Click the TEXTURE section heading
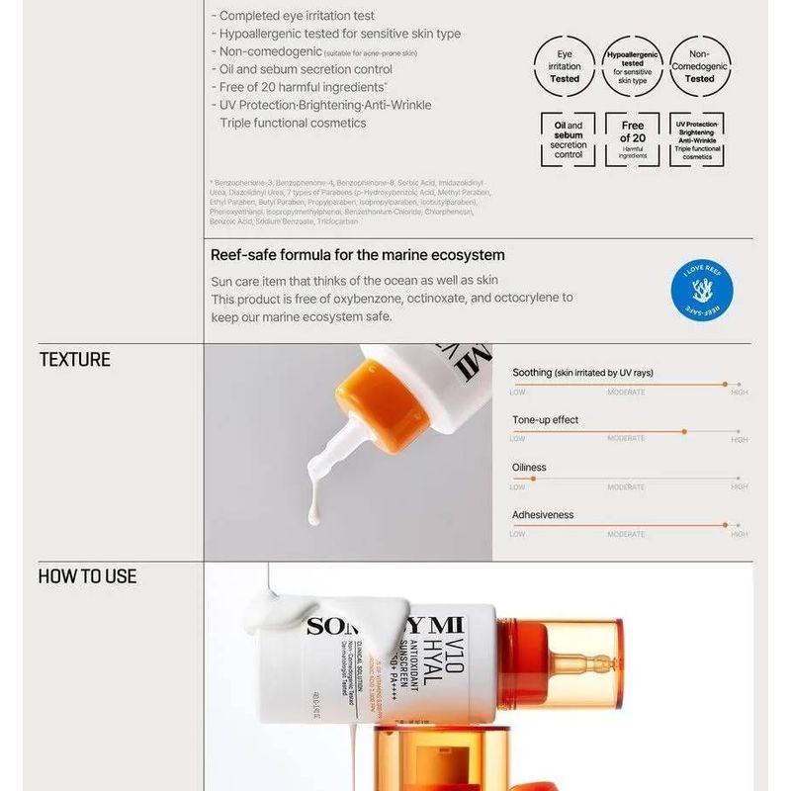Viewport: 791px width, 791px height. coord(74,360)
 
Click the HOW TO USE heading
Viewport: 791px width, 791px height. coord(87,576)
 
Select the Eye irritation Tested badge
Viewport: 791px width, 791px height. coord(565,66)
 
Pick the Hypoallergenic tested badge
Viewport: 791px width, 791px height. coord(632,66)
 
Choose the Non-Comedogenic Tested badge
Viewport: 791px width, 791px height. coord(699,66)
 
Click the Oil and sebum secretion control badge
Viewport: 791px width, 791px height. coord(568,139)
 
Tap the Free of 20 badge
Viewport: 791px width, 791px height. coord(633,139)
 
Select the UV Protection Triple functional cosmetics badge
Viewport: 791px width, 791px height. coord(697,139)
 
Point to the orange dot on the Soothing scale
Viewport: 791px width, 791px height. coord(725,384)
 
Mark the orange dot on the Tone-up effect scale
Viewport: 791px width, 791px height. coord(684,431)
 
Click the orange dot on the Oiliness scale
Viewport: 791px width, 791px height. coord(533,479)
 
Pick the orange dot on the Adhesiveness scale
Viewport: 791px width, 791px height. coord(725,526)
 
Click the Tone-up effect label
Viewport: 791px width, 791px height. coord(545,420)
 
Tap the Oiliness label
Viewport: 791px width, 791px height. coord(529,468)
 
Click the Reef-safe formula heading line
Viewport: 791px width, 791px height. coord(357,255)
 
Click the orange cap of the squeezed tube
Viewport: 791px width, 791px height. coord(371,405)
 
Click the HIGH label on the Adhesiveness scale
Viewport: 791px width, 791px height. coord(739,535)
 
